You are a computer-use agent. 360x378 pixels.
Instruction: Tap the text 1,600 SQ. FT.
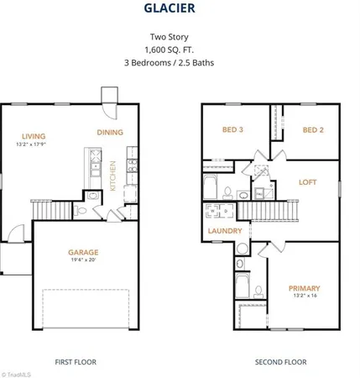click(180, 50)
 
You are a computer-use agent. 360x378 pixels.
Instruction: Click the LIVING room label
click(34, 136)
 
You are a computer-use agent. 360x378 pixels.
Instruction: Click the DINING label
click(110, 133)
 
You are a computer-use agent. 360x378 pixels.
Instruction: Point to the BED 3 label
click(232, 130)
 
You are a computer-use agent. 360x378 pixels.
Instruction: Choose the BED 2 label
click(312, 130)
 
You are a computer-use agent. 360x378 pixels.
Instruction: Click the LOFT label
click(310, 182)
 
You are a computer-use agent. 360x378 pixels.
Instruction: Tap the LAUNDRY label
click(227, 231)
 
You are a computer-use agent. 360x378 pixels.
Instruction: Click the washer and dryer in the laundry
click(222, 213)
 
